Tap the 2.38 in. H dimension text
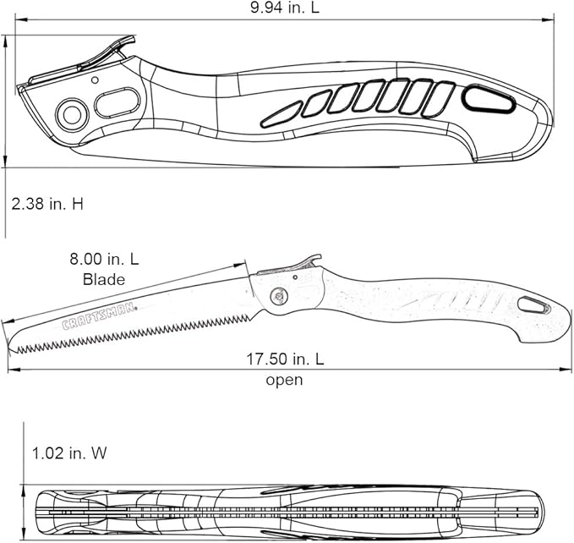(47, 203)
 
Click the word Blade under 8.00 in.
(104, 279)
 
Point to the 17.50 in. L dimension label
(285, 359)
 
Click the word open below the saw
(284, 380)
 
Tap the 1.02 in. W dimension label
(69, 453)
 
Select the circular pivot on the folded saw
(72, 114)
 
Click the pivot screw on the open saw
(278, 296)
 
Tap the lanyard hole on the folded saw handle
(489, 101)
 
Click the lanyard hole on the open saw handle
(533, 304)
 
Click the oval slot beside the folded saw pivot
(117, 103)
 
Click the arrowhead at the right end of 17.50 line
(568, 370)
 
